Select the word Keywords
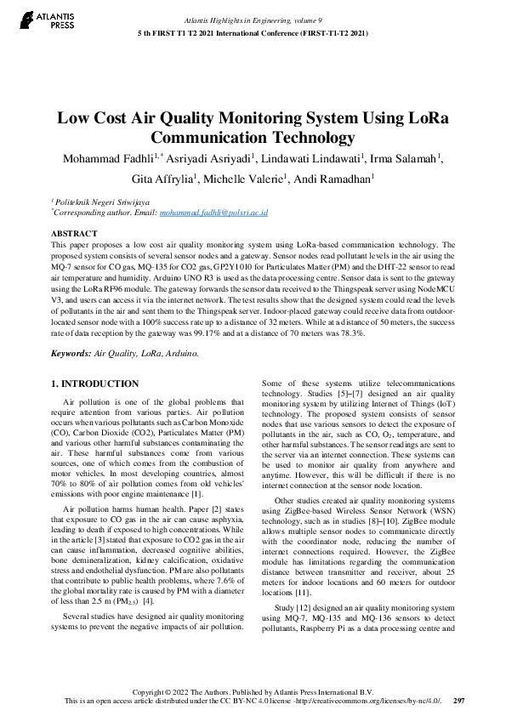pyautogui.click(x=70, y=352)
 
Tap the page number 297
pyautogui.click(x=459, y=702)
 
